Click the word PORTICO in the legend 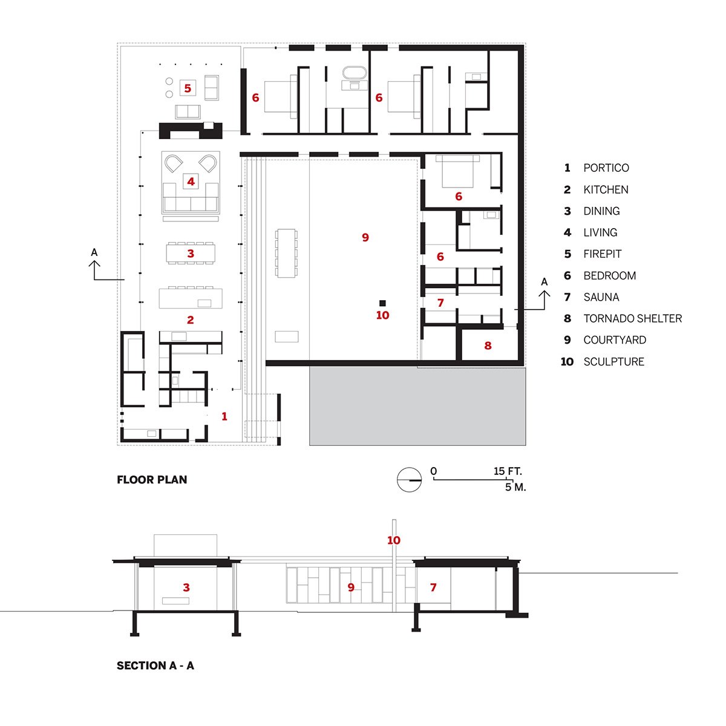pyautogui.click(x=606, y=168)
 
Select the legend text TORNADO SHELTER pyautogui.click(x=633, y=318)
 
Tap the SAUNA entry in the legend pyautogui.click(x=601, y=297)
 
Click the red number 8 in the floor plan pyautogui.click(x=488, y=345)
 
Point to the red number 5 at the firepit pyautogui.click(x=187, y=88)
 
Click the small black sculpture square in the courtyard pyautogui.click(x=382, y=303)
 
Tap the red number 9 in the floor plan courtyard pyautogui.click(x=365, y=237)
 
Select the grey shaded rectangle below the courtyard pyautogui.click(x=417, y=407)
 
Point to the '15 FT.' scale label pyautogui.click(x=507, y=471)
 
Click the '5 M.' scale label pyautogui.click(x=515, y=487)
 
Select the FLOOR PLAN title pyautogui.click(x=152, y=480)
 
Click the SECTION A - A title pyautogui.click(x=155, y=665)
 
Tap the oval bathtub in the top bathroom pyautogui.click(x=354, y=73)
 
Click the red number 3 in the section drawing pyautogui.click(x=186, y=587)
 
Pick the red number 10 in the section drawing pyautogui.click(x=394, y=540)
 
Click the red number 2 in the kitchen pyautogui.click(x=190, y=320)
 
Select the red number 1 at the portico pyautogui.click(x=224, y=416)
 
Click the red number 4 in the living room pyautogui.click(x=191, y=181)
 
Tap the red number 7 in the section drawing pyautogui.click(x=433, y=587)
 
